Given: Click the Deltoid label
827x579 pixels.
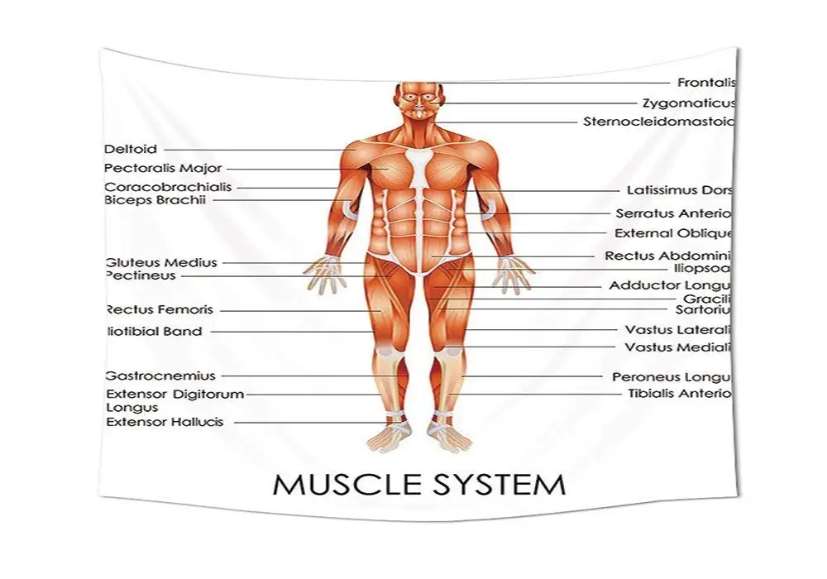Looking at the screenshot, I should (131, 150).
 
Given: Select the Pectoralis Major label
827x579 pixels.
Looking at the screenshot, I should (163, 169).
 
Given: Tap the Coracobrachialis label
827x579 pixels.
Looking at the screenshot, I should (168, 188).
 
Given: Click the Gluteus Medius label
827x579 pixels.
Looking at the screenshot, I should (161, 263).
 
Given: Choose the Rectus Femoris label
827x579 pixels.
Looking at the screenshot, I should (160, 310).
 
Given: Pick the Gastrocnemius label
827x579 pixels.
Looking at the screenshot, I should (160, 376).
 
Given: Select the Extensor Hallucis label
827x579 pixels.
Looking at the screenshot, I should (165, 422).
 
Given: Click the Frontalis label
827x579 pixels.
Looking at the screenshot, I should (706, 83).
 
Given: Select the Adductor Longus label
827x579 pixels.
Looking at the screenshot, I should (671, 285).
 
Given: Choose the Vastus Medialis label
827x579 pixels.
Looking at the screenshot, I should (679, 347).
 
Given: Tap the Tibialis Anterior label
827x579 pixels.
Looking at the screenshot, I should (680, 394).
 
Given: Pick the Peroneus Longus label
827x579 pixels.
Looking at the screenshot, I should (672, 377).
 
